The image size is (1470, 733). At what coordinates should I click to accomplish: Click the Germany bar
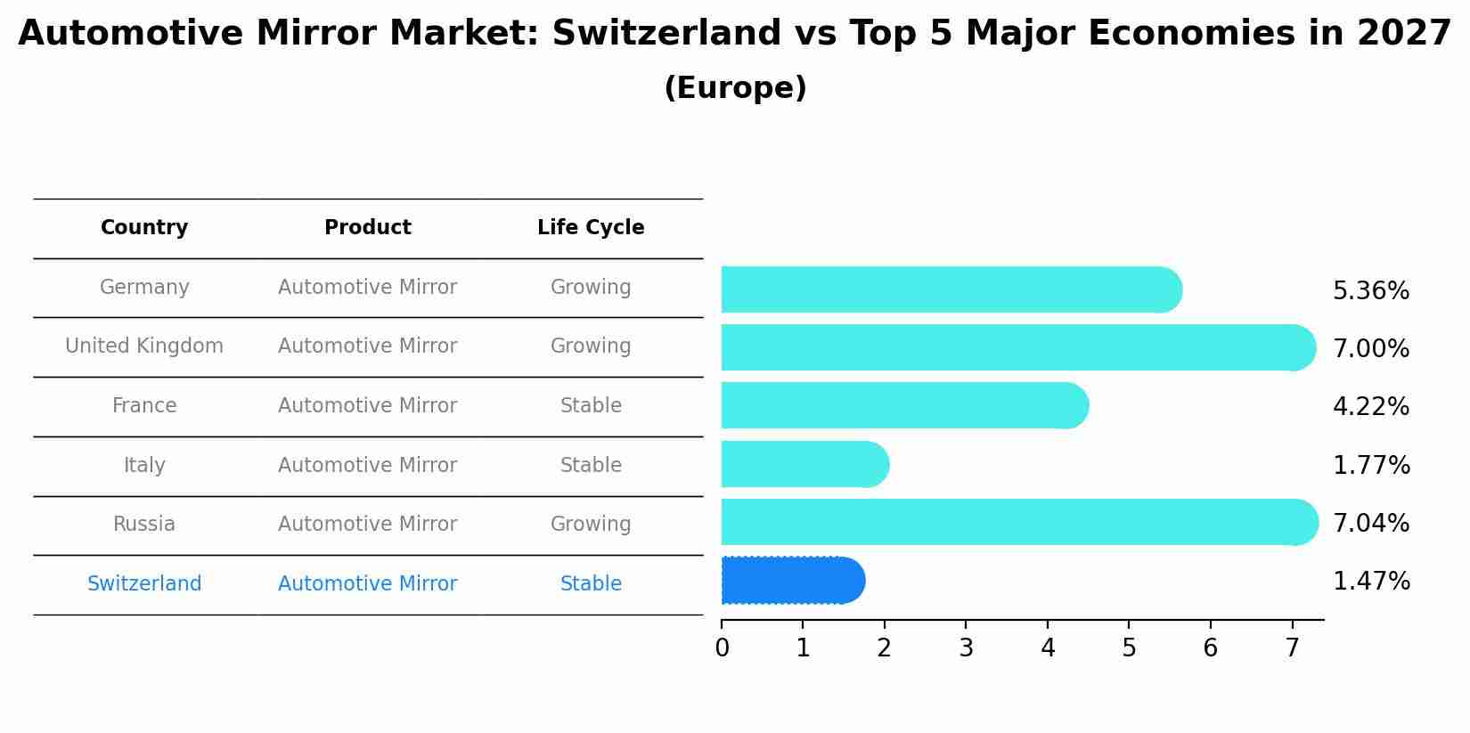pyautogui.click(x=950, y=289)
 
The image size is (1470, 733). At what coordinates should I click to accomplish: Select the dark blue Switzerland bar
pyautogui.click(x=791, y=581)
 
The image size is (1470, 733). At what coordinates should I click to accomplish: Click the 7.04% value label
pyautogui.click(x=1370, y=523)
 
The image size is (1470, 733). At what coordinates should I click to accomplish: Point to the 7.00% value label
pyautogui.click(x=1370, y=348)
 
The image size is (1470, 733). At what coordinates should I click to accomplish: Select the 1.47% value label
pyautogui.click(x=1370, y=582)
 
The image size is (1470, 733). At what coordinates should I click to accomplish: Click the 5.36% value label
pyautogui.click(x=1370, y=290)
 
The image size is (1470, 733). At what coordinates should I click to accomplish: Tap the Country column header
pyautogui.click(x=144, y=227)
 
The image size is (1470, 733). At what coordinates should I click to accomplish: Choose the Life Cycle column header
pyautogui.click(x=591, y=227)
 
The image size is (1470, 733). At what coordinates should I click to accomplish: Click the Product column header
pyautogui.click(x=367, y=227)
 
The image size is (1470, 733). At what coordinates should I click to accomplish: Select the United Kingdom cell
pyautogui.click(x=144, y=346)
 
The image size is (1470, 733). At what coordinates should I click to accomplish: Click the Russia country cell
pyautogui.click(x=144, y=524)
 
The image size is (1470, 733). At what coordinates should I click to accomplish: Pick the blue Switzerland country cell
pyautogui.click(x=144, y=583)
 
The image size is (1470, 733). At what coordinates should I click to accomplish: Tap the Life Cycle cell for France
pyautogui.click(x=591, y=405)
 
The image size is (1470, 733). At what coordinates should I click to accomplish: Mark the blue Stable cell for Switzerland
pyautogui.click(x=591, y=583)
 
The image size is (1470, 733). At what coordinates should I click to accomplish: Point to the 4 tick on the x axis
pyautogui.click(x=1048, y=647)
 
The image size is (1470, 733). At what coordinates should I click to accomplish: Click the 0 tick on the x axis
pyautogui.click(x=722, y=647)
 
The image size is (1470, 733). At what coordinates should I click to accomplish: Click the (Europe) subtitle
pyautogui.click(x=735, y=88)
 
